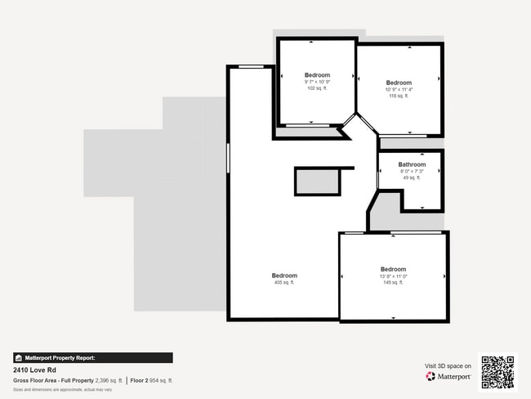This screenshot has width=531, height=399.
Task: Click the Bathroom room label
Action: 412,164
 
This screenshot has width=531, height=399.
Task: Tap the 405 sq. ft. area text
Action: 284,283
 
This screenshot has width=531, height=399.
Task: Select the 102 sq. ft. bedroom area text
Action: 317,88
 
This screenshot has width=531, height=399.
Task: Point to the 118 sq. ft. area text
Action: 399,96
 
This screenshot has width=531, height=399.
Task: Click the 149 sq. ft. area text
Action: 393,283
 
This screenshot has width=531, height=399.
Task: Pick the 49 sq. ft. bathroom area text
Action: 412,177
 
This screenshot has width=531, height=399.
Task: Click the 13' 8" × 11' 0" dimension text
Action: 393,276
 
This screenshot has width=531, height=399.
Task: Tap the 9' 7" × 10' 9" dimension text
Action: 317,82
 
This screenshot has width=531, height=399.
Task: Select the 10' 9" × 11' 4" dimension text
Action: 399,89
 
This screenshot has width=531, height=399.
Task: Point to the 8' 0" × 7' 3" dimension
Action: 412,171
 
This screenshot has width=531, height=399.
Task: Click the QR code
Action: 498,372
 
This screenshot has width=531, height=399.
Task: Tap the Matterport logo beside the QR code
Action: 448,377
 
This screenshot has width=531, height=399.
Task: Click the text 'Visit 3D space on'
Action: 448,366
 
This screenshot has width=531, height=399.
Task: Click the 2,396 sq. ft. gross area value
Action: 109,381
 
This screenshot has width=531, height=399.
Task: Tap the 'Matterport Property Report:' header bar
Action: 92,358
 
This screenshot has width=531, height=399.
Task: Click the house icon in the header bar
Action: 18,358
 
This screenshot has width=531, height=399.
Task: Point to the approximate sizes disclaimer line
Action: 62,390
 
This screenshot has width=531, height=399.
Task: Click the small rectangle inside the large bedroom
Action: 317,182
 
